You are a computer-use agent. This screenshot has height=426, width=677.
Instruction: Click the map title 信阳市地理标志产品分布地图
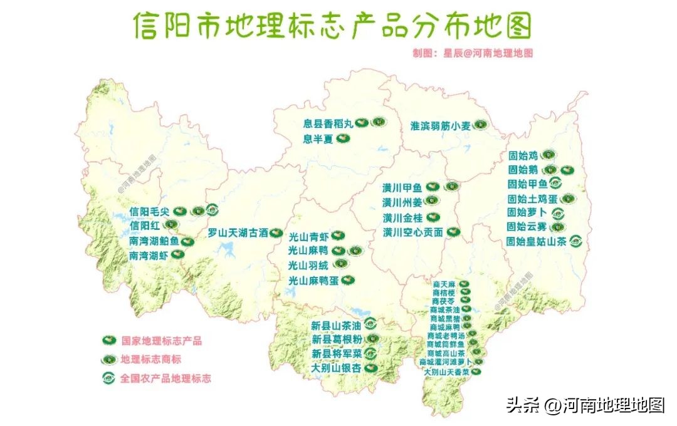point(332,26)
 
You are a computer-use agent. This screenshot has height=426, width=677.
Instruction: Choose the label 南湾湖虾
point(148,256)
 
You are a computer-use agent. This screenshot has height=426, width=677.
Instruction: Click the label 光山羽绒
point(308,266)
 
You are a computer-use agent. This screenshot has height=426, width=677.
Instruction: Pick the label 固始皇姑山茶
point(537,241)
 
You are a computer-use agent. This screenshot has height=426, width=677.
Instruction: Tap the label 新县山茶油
point(336,326)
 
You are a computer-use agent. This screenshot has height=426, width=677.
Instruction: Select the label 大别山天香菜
point(446,372)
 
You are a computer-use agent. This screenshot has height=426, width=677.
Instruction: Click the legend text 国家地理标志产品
point(162,341)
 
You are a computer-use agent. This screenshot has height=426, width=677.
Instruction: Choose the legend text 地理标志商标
point(151,360)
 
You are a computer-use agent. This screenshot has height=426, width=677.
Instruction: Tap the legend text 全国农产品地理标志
point(165,378)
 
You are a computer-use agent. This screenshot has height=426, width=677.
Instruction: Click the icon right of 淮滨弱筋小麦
point(480,125)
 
